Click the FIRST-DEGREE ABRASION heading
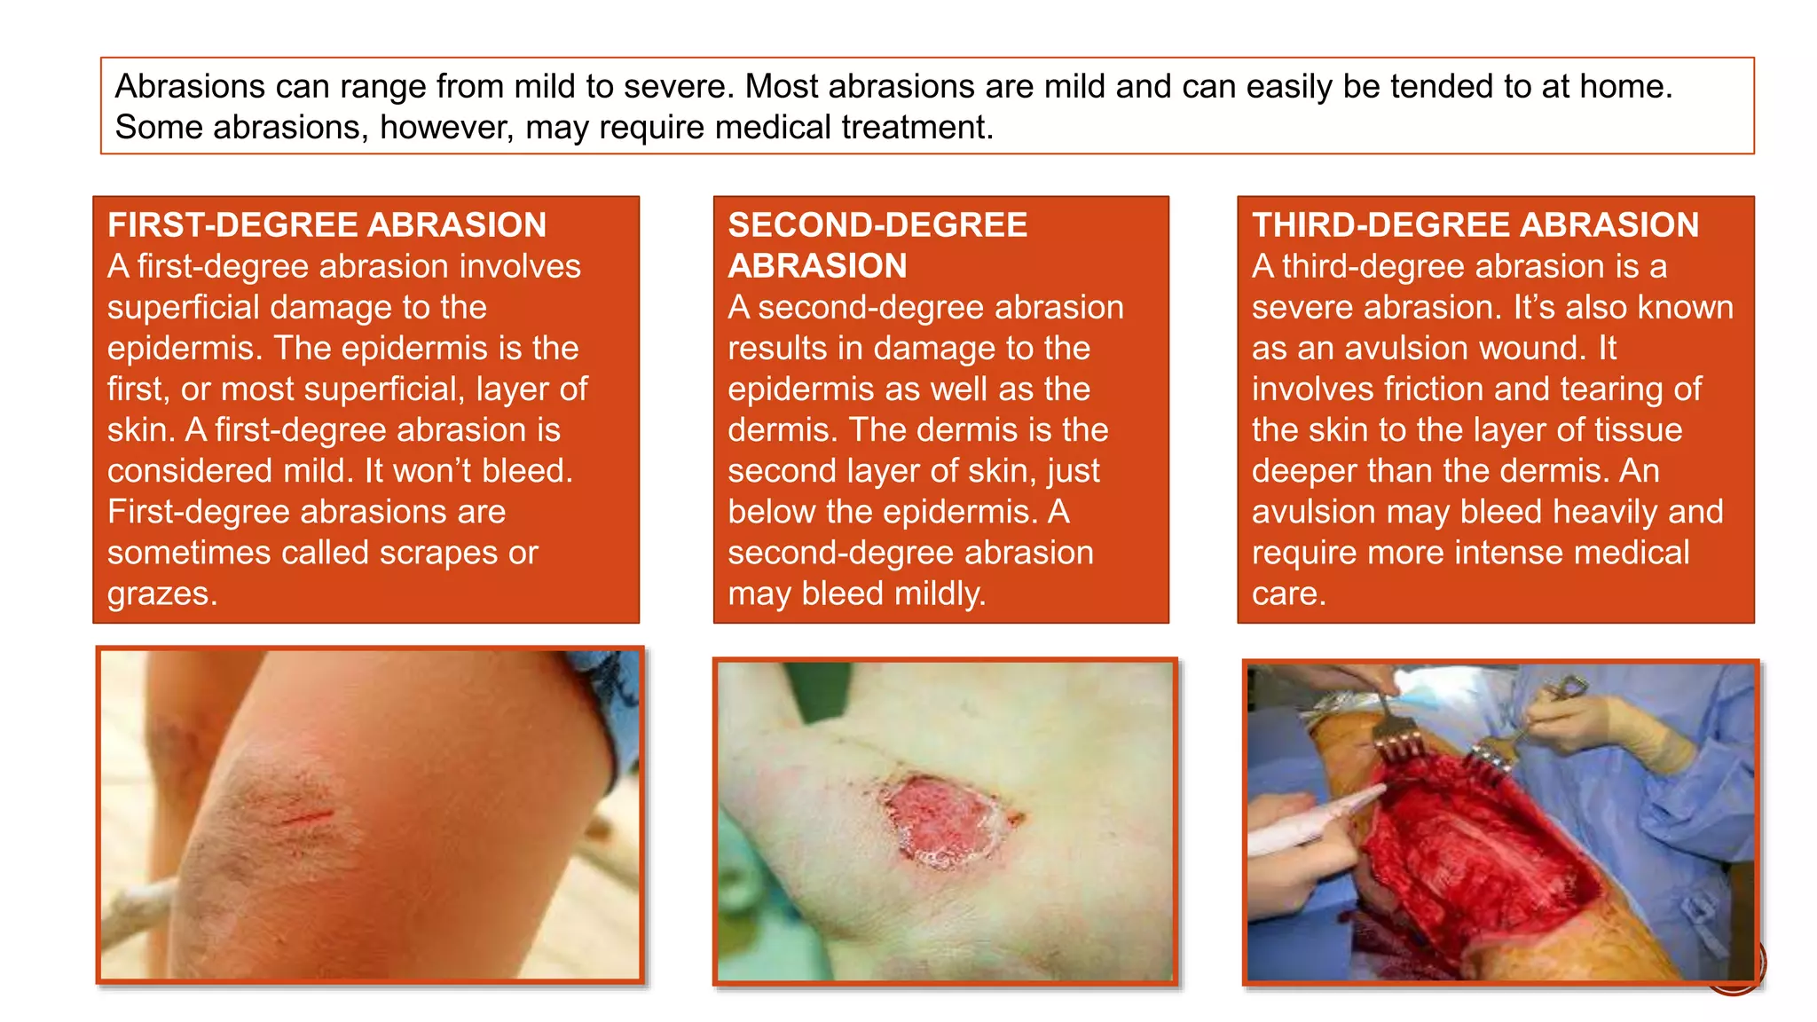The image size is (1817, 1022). click(x=326, y=225)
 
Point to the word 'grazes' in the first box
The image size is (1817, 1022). click(x=160, y=594)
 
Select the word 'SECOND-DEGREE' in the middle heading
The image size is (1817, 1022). click(x=877, y=225)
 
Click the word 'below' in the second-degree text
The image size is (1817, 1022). click(x=771, y=512)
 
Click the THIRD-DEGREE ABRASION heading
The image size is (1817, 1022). click(x=1475, y=225)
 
